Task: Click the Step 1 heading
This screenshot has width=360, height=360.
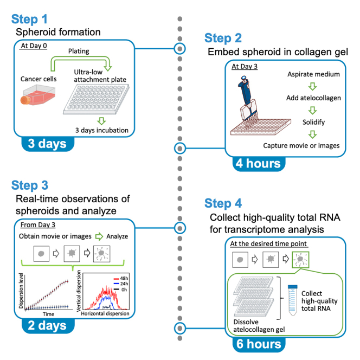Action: [x=29, y=19]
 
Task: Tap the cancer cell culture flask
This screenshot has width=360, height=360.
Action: [x=38, y=95]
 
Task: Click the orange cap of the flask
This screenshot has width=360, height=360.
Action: [x=25, y=100]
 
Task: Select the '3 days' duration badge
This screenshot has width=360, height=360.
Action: [x=48, y=144]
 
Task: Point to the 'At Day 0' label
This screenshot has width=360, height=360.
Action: [x=34, y=46]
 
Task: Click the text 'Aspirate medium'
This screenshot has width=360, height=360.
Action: [x=313, y=74]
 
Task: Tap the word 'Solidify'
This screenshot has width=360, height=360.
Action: [x=313, y=122]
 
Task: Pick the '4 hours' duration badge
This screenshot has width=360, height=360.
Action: [x=259, y=164]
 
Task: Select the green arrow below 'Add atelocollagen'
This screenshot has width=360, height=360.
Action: [x=312, y=110]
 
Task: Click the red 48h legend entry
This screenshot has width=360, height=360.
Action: [x=121, y=279]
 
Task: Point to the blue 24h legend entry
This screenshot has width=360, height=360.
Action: [x=121, y=284]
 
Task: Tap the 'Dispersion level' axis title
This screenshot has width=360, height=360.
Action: [x=21, y=291]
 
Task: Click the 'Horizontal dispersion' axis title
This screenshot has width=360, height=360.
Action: [x=105, y=313]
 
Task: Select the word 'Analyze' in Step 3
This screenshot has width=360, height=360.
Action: [x=117, y=236]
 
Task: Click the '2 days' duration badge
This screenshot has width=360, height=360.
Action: [x=48, y=325]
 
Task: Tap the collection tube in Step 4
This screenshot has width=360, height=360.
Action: [x=293, y=300]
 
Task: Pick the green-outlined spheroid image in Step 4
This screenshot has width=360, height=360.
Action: [x=300, y=260]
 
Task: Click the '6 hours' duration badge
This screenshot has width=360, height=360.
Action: [x=259, y=344]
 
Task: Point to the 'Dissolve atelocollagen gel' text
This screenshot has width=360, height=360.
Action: [x=259, y=326]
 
